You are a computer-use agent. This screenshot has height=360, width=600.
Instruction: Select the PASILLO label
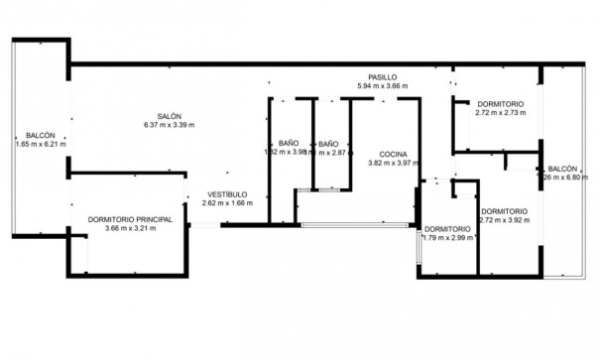[382, 76]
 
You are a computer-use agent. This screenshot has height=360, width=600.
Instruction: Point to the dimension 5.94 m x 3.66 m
[382, 85]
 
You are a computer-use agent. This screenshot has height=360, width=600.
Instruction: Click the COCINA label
[394, 154]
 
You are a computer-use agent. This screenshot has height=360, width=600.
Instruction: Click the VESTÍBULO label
[226, 193]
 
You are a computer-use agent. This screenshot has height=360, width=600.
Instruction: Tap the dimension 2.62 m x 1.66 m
[226, 202]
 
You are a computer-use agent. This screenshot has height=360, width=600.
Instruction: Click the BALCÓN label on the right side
[561, 169]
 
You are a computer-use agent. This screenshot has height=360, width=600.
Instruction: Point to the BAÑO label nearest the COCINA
[328, 144]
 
